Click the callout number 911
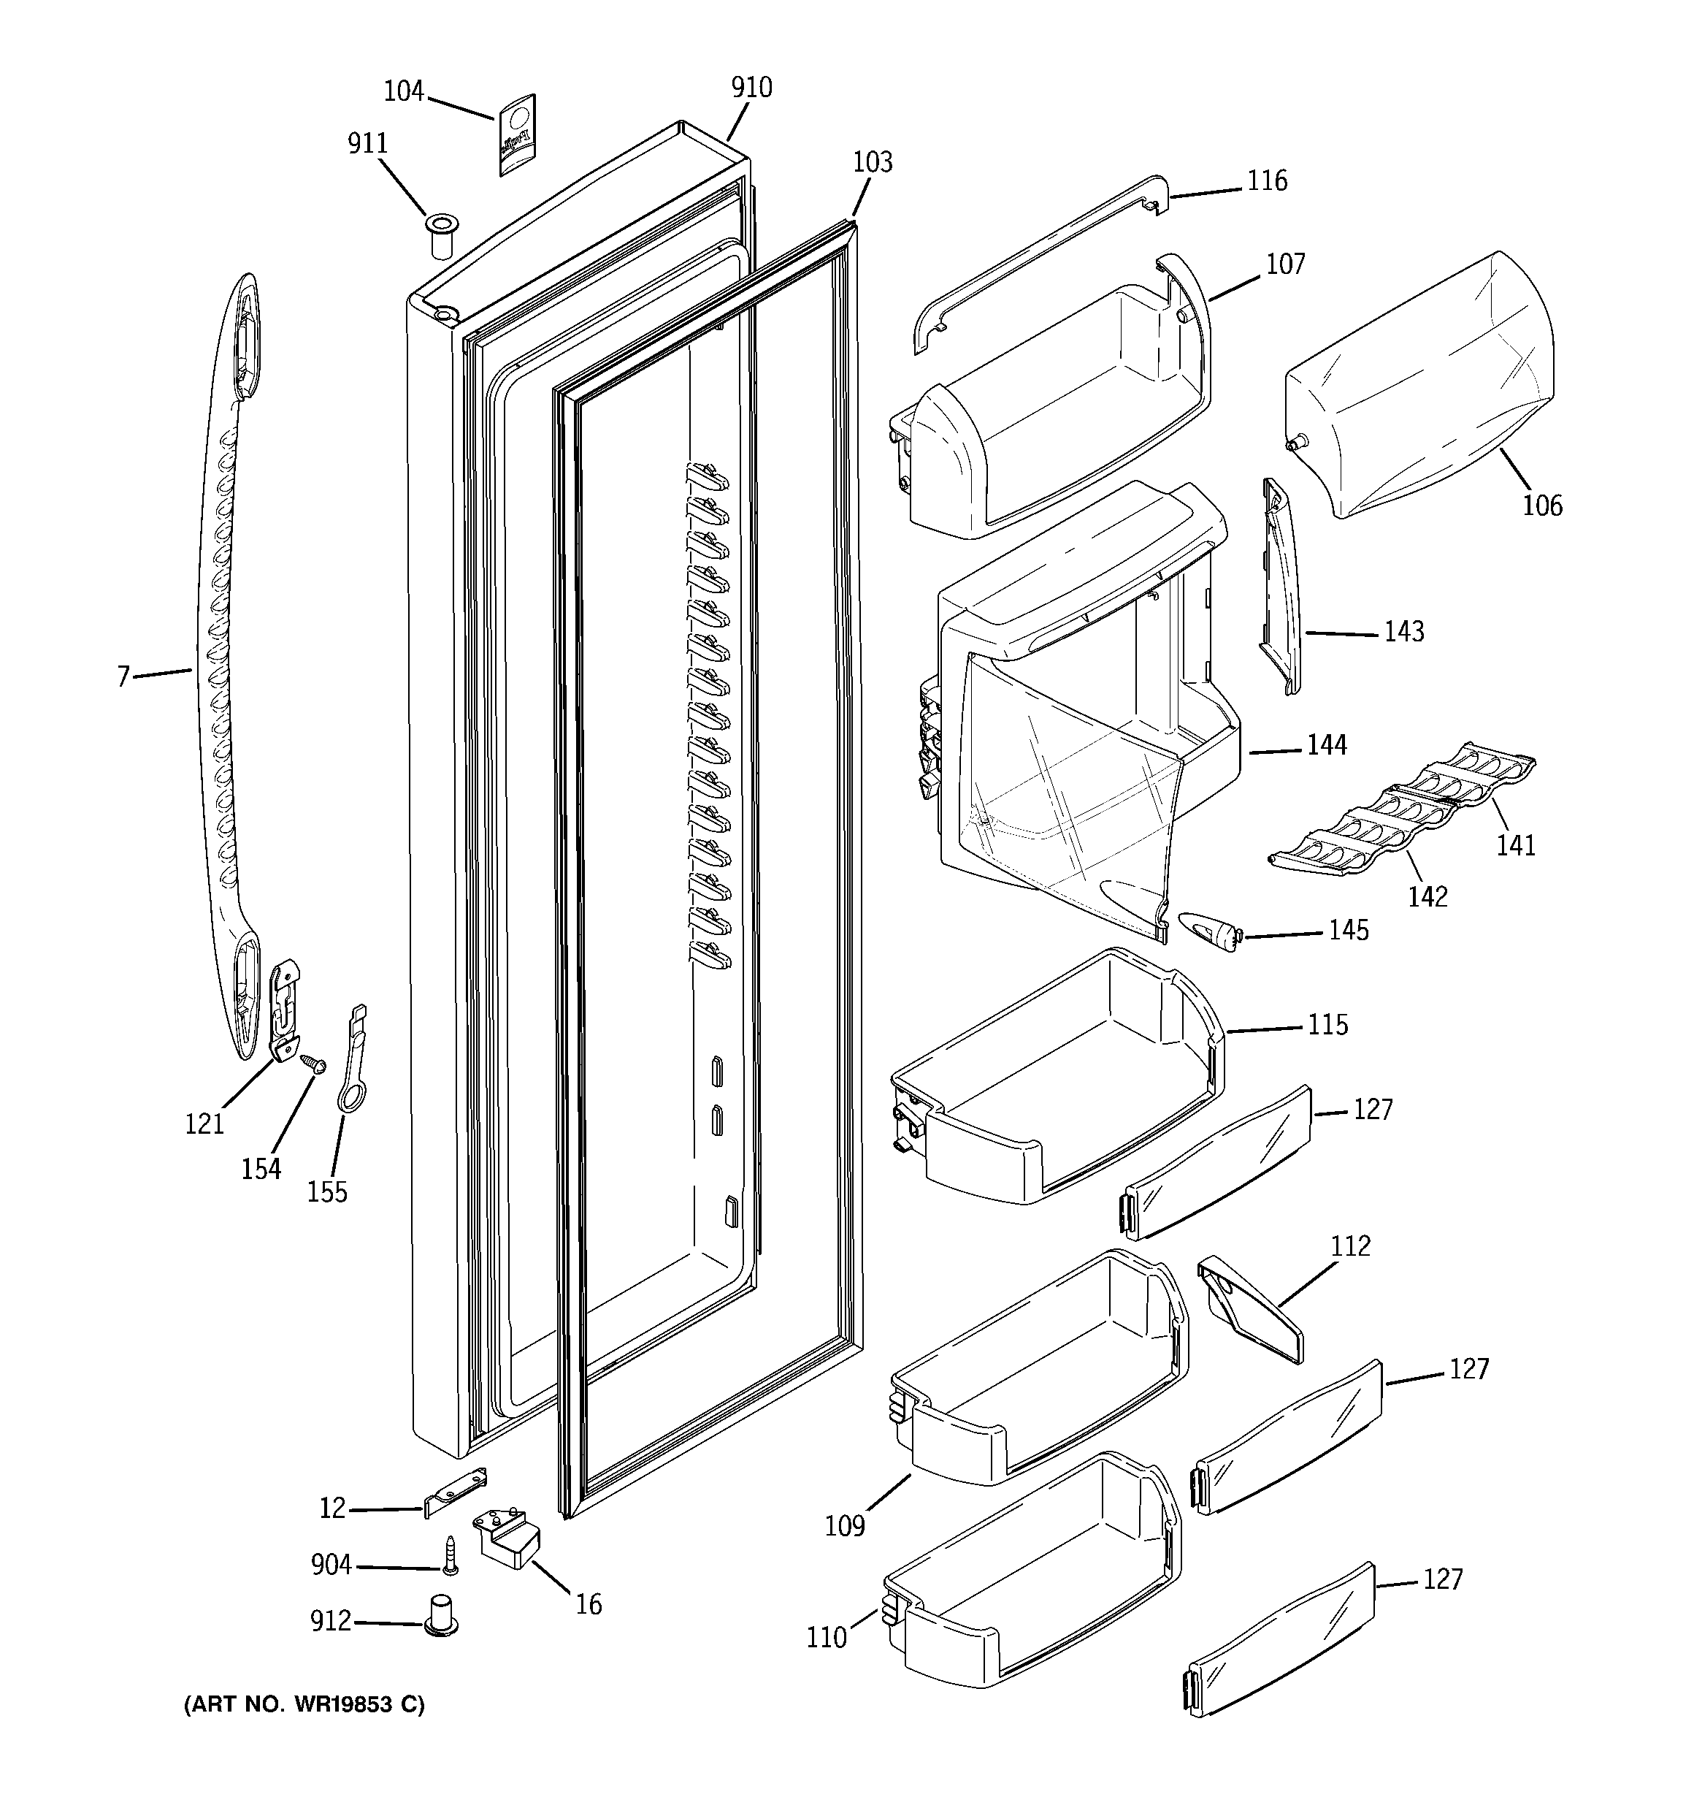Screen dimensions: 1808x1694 pos(367,144)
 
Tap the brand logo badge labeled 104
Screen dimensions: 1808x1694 pos(516,134)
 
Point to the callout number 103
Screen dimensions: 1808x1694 pos(872,162)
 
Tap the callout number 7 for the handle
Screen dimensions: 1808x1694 pos(123,676)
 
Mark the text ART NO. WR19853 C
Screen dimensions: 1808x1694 pos(304,1704)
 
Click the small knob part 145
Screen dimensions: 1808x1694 pos(1210,933)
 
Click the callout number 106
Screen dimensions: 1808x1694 pos(1542,505)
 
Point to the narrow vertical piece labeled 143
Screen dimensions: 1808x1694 pos(1279,587)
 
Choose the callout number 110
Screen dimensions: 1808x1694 pos(826,1638)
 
